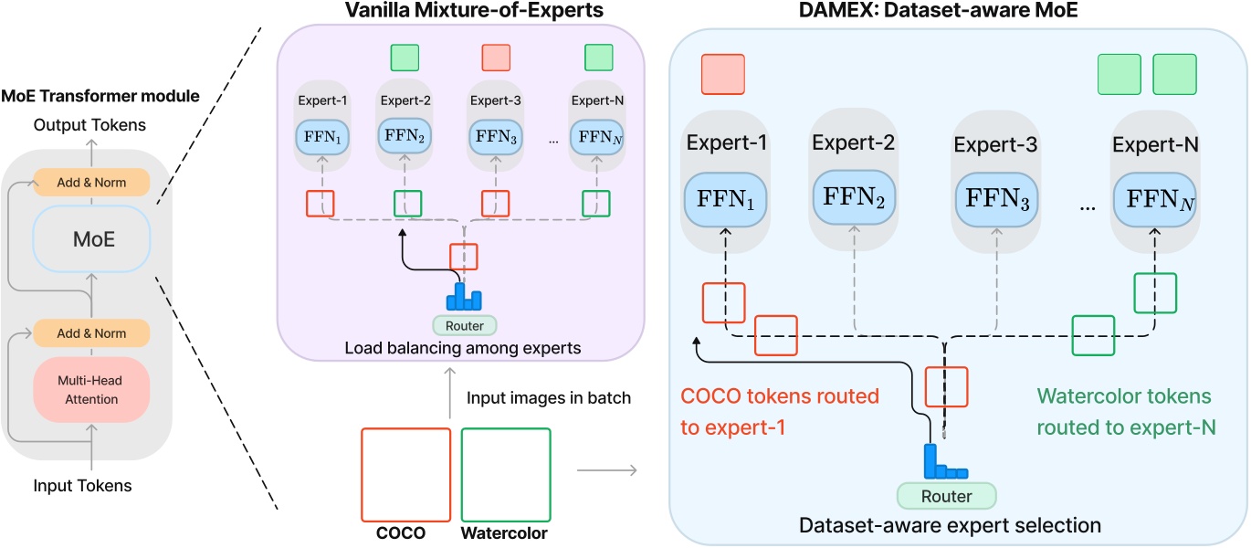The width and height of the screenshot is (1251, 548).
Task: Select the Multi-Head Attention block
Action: coord(90,390)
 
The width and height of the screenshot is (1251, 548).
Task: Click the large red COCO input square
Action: coord(406,472)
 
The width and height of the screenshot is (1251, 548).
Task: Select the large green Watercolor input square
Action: coord(506,472)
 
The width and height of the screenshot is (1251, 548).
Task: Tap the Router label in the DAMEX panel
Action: coord(946,496)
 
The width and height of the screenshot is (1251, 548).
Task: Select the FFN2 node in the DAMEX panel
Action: coord(855,198)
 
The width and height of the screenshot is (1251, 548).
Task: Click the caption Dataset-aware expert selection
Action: coord(950,525)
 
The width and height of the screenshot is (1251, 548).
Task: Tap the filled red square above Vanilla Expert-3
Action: coord(497,57)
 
